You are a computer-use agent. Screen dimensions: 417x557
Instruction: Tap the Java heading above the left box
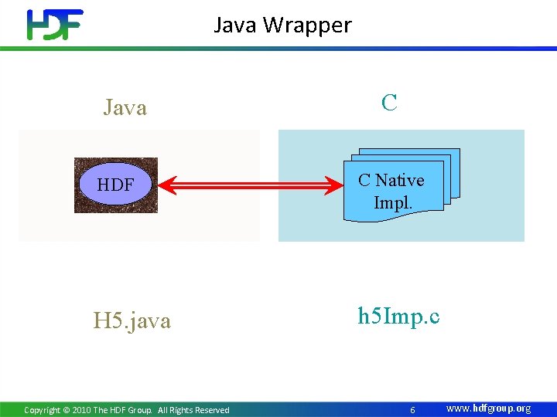(x=125, y=107)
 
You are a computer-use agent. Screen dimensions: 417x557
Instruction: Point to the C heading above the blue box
(x=389, y=103)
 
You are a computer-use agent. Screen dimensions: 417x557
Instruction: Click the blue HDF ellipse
(x=115, y=185)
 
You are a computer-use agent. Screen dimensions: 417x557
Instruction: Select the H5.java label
(x=132, y=320)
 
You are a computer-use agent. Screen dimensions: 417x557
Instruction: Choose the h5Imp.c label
(x=398, y=317)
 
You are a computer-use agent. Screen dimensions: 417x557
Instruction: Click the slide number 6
(x=412, y=410)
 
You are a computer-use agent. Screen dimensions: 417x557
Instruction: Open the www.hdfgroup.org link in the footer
(x=489, y=409)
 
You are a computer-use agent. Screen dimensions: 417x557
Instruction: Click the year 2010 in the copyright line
(x=81, y=410)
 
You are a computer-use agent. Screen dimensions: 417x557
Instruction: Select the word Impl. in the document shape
(x=392, y=202)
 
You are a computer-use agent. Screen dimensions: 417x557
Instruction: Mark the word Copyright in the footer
(x=42, y=410)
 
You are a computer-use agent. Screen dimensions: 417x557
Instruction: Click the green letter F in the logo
(x=71, y=25)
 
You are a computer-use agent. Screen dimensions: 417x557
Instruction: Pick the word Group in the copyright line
(x=139, y=410)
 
